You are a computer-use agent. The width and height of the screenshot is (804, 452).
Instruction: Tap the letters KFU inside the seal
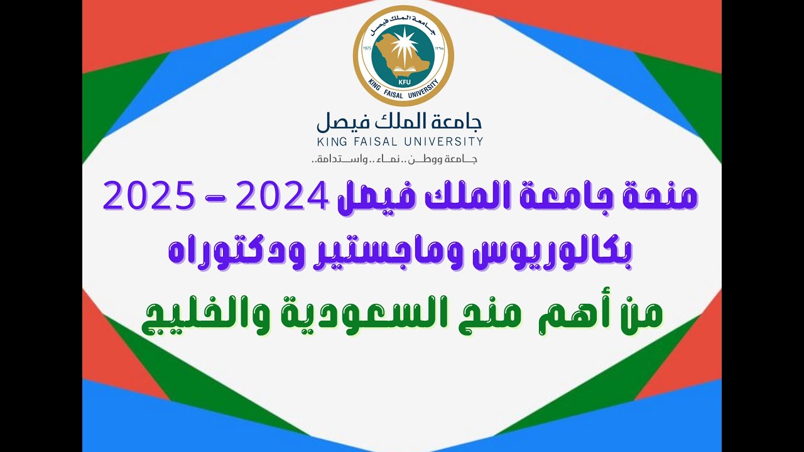(403, 81)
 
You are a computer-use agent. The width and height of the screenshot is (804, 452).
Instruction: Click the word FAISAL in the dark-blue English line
(380, 141)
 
